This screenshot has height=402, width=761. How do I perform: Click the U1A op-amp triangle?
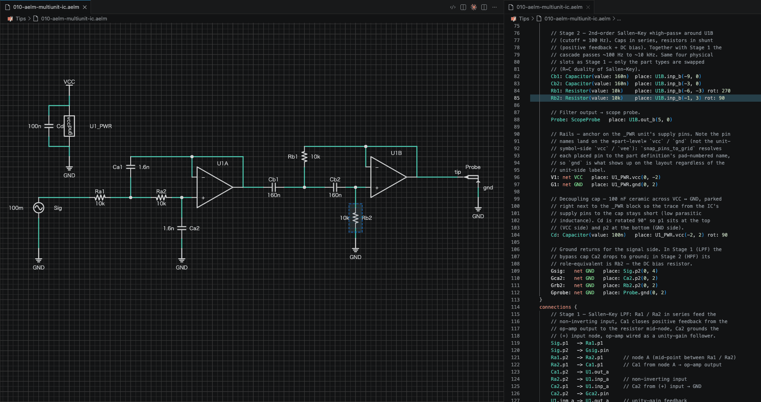pos(214,187)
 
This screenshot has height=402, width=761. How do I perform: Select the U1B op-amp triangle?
pos(388,177)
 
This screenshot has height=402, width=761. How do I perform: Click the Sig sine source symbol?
pos(38,208)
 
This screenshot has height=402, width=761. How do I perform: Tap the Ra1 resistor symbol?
pos(100,197)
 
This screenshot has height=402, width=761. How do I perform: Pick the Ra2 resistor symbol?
pos(161,197)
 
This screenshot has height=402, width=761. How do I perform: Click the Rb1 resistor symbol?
pos(305,157)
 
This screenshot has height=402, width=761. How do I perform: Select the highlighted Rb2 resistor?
pos(355,218)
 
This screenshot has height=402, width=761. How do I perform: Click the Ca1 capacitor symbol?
pos(131,167)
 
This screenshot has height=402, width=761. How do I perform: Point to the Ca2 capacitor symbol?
pos(182,228)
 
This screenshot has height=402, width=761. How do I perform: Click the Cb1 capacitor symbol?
pos(274,187)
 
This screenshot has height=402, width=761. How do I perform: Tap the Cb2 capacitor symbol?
pos(335,187)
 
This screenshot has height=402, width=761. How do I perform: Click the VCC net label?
pos(69,82)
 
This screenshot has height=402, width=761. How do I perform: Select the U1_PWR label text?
pos(101,126)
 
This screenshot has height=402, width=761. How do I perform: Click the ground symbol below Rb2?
pos(355,250)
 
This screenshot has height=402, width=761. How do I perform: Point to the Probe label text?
pos(473,167)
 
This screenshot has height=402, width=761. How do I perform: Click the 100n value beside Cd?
pos(34,126)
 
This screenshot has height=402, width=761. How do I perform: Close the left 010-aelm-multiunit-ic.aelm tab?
pos(85,7)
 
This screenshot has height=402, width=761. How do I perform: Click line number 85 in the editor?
pos(517,98)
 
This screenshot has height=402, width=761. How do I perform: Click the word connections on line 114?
pos(555,307)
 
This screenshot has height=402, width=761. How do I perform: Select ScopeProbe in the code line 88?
pos(585,120)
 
